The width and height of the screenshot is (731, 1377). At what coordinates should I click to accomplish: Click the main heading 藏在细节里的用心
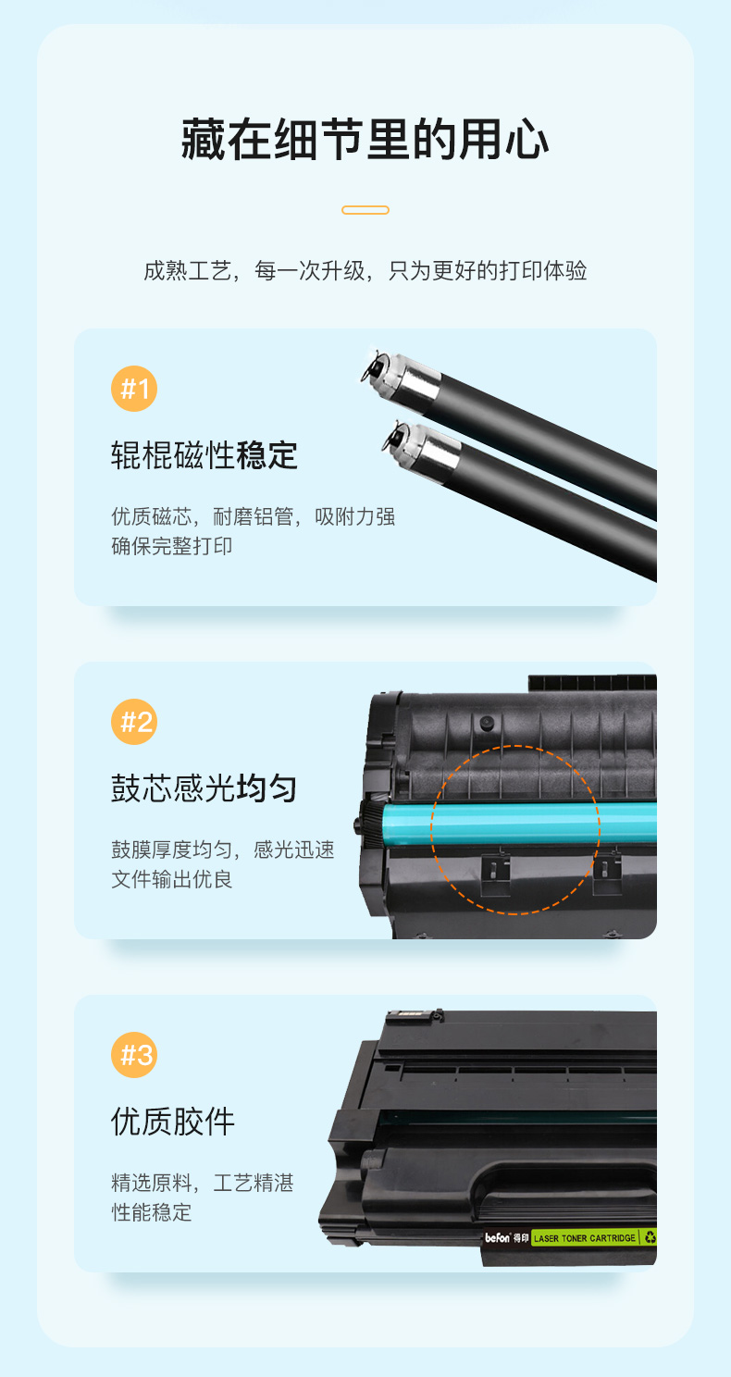pos(365,140)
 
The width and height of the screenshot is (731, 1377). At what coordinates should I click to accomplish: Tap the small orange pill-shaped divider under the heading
pos(365,210)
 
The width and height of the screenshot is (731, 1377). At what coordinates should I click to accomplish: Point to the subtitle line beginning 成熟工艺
pos(365,270)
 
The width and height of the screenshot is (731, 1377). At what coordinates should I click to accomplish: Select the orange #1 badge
pos(134,389)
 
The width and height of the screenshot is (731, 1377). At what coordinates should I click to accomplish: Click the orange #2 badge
pos(134,722)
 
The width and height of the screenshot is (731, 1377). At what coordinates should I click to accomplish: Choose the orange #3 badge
pos(134,1055)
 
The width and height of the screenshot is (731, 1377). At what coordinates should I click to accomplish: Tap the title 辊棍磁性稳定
pos(204,455)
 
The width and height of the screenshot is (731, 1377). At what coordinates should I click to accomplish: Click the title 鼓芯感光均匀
pos(204,788)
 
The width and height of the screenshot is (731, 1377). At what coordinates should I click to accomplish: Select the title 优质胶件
pos(173,1122)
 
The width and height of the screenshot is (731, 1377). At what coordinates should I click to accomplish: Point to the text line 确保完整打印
pos(171,546)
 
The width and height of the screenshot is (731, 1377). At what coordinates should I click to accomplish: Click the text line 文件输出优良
pos(171,879)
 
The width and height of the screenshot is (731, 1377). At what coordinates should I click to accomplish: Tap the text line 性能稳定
pos(151,1212)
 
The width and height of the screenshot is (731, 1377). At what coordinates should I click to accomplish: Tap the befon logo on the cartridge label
pos(498,1237)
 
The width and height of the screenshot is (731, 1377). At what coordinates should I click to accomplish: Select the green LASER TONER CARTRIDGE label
pos(585,1237)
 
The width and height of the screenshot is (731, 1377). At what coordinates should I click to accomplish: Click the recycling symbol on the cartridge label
pos(650,1236)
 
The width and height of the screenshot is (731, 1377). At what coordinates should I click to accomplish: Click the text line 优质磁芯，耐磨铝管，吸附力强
pos(254,516)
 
